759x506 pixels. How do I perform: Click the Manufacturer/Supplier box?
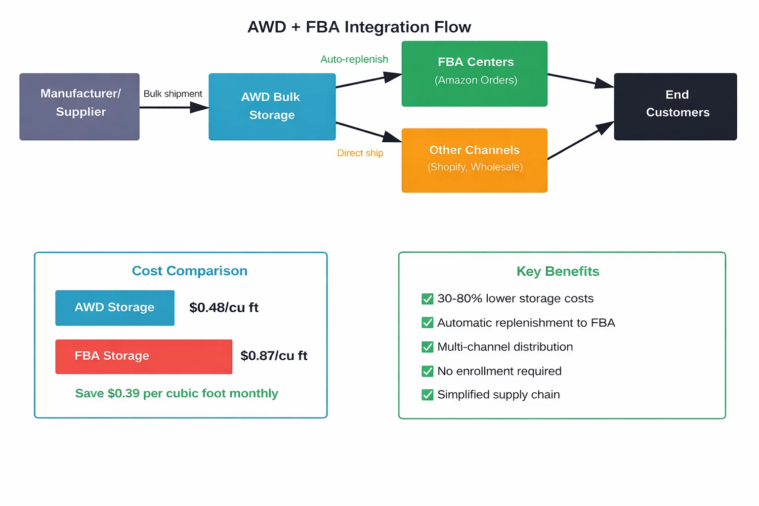point(80,107)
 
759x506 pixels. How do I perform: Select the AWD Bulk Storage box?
point(272,107)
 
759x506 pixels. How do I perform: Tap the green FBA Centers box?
point(474,74)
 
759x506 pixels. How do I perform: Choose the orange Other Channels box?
point(474,160)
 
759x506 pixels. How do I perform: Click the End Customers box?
point(675,107)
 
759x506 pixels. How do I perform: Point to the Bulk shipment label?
point(172,94)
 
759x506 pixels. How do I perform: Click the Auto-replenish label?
point(354,59)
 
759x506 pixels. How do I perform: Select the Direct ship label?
point(360,153)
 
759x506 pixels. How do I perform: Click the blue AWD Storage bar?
point(115,308)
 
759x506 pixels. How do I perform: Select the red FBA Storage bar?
point(143,356)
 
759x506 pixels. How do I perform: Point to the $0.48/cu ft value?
point(224,308)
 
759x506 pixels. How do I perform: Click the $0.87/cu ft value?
point(274,356)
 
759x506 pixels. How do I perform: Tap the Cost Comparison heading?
point(189,271)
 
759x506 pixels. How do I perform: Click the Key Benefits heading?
point(557,271)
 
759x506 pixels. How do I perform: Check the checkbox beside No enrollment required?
point(427,371)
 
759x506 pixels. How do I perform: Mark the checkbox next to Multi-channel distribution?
point(427,347)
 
